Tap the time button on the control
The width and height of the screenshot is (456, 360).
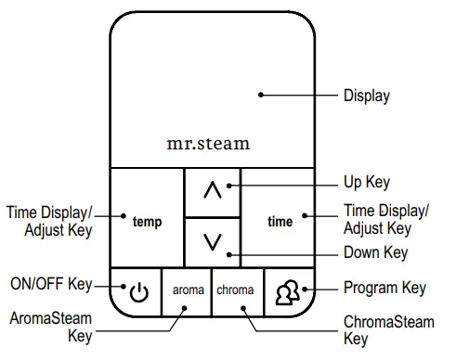(279, 222)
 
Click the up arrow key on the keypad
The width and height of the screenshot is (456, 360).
(213, 190)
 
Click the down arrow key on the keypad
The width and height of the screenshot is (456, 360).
(213, 242)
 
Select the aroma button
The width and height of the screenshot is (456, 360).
(188, 290)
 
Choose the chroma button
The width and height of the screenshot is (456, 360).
(235, 290)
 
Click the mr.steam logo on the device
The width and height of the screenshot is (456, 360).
(208, 144)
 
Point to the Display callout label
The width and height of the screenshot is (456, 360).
(367, 95)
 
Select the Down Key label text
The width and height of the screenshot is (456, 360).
(375, 252)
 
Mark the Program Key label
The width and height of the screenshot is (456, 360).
(384, 289)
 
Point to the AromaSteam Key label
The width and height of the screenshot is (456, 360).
(51, 327)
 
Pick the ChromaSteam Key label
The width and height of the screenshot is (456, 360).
(388, 330)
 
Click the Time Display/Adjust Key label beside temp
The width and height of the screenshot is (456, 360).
(49, 221)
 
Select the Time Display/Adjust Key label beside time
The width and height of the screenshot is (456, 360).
(385, 219)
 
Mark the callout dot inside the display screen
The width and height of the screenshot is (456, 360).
(262, 94)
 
